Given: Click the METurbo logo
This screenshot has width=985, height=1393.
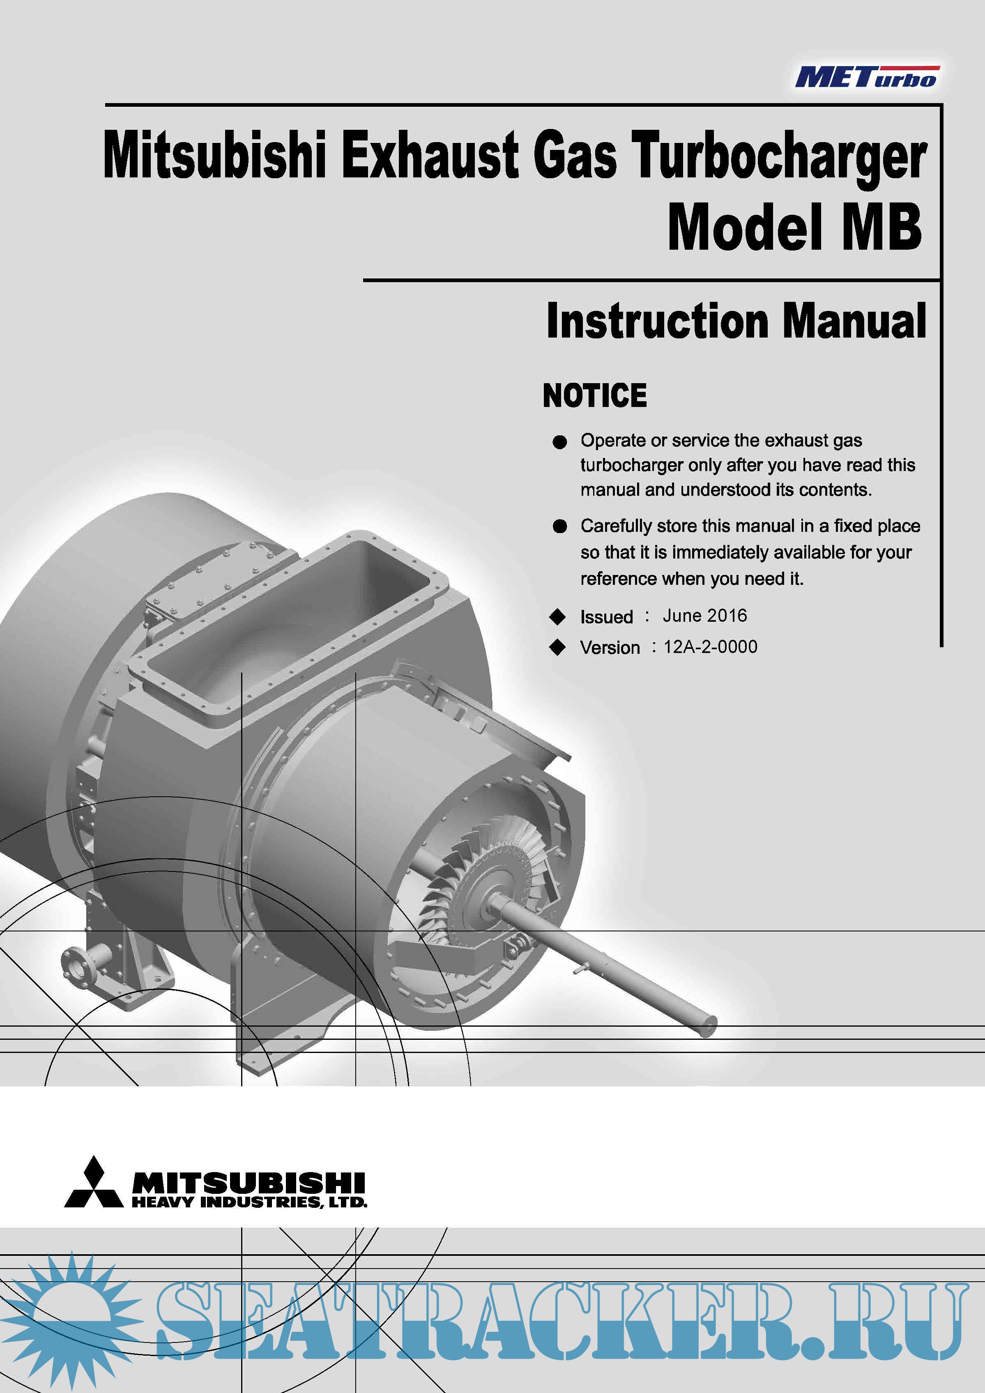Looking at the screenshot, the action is click(868, 77).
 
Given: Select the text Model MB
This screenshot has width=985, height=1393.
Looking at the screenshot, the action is click(795, 227).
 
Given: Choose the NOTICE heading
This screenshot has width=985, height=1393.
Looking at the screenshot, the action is click(595, 395).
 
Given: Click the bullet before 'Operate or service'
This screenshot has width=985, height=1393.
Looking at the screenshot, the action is click(559, 442).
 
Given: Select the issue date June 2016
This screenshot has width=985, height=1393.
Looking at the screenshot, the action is click(704, 616).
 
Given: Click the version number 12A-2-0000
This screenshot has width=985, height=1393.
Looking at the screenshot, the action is click(710, 647).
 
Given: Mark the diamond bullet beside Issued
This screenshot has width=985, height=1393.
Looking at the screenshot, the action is click(557, 617).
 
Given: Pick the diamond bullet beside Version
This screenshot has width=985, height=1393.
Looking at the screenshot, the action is click(557, 648).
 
